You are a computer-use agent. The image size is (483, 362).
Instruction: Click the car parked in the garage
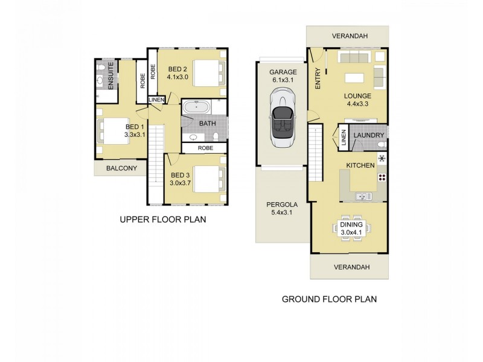(282, 118)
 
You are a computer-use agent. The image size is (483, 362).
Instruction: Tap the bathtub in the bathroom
(197, 109)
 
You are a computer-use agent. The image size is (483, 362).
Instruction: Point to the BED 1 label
(134, 127)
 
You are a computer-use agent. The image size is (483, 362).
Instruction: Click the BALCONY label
(120, 168)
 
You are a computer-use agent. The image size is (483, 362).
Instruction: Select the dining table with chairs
(350, 228)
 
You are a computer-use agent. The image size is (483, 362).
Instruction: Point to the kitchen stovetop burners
(382, 177)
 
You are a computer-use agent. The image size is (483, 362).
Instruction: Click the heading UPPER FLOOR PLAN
(162, 220)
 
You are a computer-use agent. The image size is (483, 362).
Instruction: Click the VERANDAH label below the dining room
(349, 266)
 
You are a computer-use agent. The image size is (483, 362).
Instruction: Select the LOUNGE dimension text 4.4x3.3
(357, 104)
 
